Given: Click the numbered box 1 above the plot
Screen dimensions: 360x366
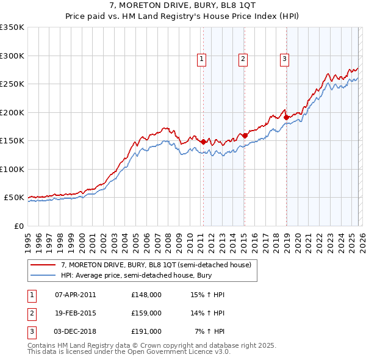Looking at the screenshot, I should tap(201, 59).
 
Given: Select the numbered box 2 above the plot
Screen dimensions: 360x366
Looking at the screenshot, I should tap(243, 59).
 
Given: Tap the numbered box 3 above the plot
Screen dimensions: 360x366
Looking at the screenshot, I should tap(284, 59).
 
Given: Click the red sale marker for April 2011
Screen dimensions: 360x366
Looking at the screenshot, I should tap(203, 142).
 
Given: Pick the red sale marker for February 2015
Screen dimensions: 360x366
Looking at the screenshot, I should tap(245, 135).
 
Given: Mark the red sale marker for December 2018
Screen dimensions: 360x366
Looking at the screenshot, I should tap(285, 117).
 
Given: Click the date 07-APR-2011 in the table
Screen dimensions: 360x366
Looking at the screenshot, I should tap(75, 295).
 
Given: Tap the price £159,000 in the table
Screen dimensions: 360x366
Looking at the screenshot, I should tap(146, 313).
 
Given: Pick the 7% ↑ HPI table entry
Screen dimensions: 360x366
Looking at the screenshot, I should tap(209, 331).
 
